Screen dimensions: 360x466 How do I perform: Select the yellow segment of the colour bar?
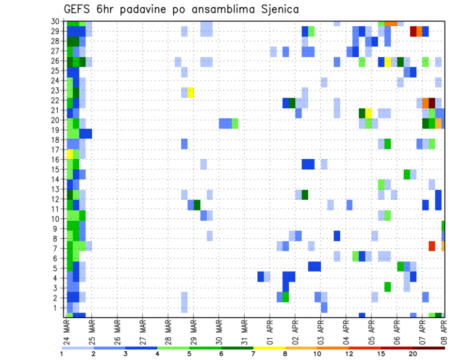coord(269,348)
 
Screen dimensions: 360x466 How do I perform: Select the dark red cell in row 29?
coord(413,32)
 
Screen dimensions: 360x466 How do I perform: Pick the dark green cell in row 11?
coord(197,205)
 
